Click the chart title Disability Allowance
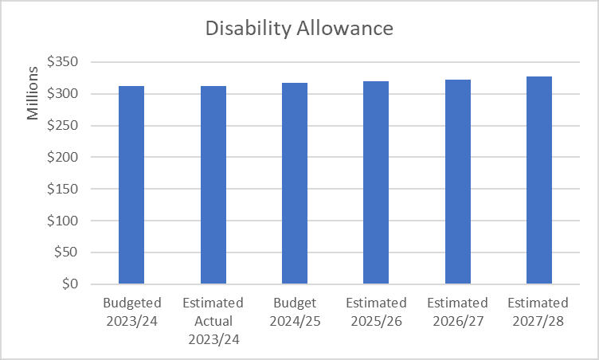[299, 29]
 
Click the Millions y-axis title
[33, 94]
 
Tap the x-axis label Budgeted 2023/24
[132, 311]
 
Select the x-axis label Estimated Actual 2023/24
[213, 320]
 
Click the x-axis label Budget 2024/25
[295, 311]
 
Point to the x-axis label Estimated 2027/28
[538, 311]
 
